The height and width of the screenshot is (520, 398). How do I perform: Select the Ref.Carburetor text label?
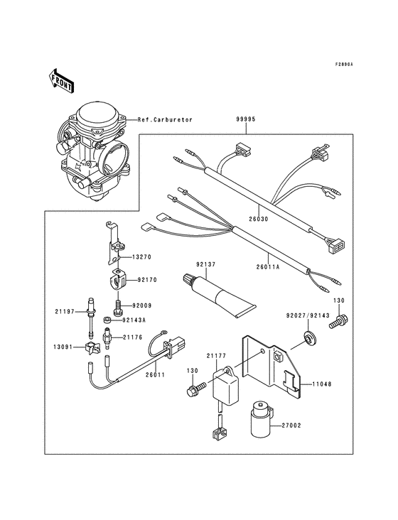(x=165, y=120)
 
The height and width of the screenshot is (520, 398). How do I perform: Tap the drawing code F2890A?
(x=345, y=65)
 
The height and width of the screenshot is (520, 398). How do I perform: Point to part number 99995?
(x=246, y=121)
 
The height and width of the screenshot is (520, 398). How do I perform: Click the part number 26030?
(x=257, y=220)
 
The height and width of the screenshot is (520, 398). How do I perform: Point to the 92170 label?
(x=147, y=281)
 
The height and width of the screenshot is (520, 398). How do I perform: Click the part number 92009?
(x=141, y=305)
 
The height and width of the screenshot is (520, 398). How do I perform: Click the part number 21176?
(x=134, y=337)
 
